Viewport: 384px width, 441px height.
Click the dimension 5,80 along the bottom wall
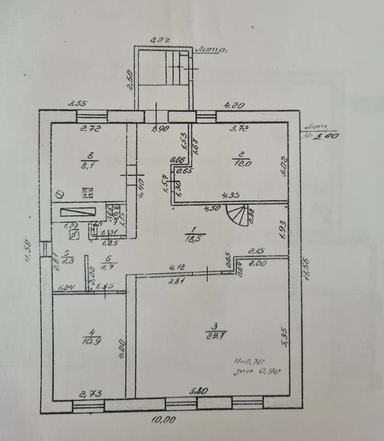coord(199,391)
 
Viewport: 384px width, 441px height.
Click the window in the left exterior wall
coord(45,249)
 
